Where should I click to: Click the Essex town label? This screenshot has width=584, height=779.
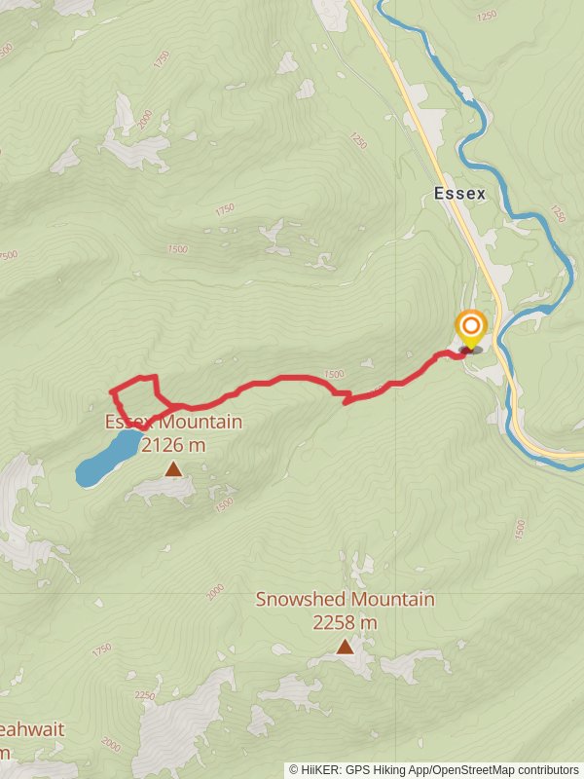tap(459, 194)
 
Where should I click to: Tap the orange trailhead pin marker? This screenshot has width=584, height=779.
tap(471, 327)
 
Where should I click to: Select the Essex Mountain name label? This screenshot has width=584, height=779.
tap(173, 423)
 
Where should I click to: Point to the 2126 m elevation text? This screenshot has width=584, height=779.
tap(173, 445)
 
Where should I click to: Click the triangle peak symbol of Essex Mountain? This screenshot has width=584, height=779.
tap(173, 469)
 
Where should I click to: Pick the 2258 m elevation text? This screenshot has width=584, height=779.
tap(345, 622)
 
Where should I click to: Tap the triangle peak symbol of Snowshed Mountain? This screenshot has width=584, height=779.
tap(345, 647)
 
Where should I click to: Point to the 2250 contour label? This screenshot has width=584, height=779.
tap(144, 695)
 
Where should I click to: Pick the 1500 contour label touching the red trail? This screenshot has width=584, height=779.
tap(334, 374)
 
